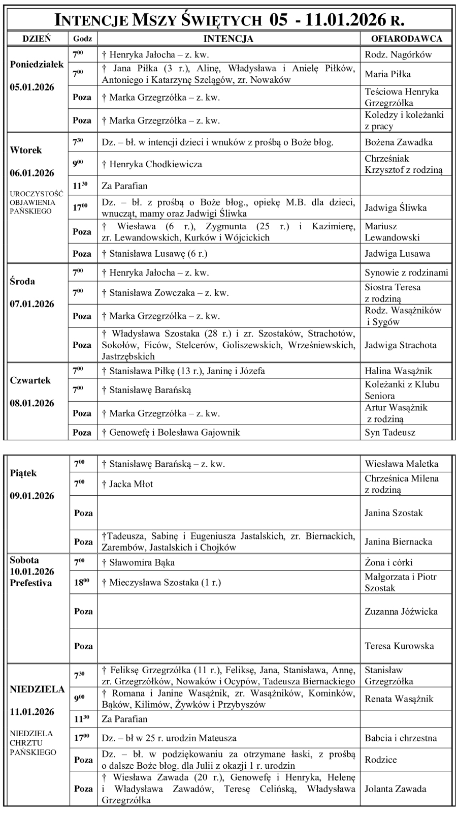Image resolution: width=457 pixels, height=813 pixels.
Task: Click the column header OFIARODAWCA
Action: tap(406, 39)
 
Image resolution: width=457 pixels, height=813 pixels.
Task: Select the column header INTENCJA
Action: tap(228, 39)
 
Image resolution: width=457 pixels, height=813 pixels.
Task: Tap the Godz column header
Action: tap(82, 39)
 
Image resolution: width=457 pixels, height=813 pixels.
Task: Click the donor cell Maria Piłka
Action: tap(387, 74)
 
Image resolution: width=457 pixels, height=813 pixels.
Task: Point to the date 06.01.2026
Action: tap(32, 173)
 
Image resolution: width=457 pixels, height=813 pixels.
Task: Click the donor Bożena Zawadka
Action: tap(399, 142)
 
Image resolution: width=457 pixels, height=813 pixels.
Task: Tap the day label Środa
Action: tap(22, 281)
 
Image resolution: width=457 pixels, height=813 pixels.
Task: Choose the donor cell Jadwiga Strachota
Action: tap(400, 345)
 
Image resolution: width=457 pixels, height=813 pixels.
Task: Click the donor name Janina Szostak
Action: tap(394, 513)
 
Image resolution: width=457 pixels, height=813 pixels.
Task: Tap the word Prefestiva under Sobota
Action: tap(30, 583)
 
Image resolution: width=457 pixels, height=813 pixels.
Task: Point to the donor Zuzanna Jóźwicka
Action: tap(401, 612)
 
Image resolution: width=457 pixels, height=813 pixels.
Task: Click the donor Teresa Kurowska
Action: tap(399, 646)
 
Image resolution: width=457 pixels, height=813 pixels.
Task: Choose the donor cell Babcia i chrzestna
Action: tap(401, 738)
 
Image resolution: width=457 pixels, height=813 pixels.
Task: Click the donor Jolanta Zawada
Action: tap(395, 789)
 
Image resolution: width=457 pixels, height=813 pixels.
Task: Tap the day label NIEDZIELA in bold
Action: tap(37, 689)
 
